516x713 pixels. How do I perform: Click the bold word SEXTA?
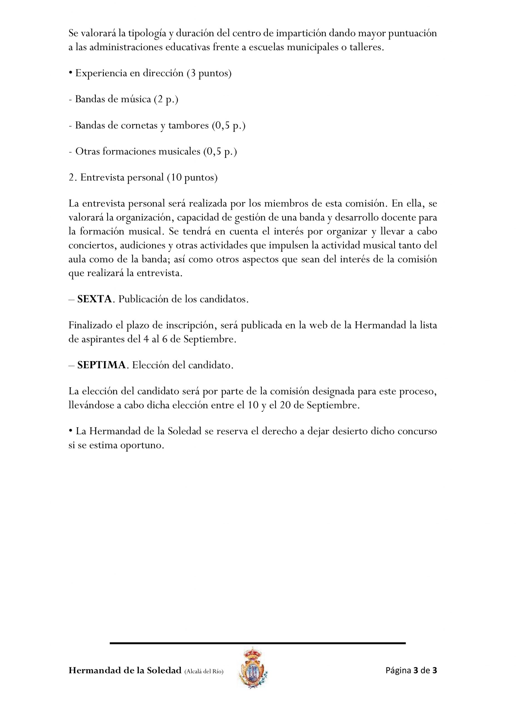click(94, 299)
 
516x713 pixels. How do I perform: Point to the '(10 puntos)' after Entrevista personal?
click(192, 178)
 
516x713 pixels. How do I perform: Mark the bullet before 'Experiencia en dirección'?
click(71, 74)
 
